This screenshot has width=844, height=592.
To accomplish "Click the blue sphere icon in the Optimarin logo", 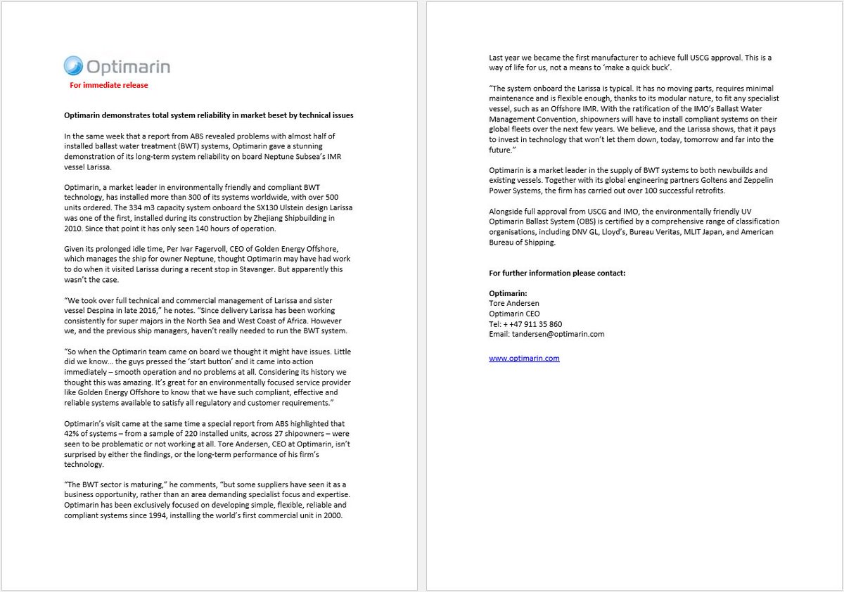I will click(73, 66).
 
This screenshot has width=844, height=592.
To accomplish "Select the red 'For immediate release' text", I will click(108, 85).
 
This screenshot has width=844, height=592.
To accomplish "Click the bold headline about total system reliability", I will click(209, 115).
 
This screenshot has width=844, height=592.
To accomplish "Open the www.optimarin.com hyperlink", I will click(524, 359).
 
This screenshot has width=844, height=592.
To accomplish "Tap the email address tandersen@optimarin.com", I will click(546, 334).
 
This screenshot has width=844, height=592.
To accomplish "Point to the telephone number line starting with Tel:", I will click(525, 324).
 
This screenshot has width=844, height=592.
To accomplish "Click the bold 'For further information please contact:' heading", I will click(556, 273).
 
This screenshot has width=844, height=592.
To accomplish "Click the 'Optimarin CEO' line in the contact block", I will click(514, 314).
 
